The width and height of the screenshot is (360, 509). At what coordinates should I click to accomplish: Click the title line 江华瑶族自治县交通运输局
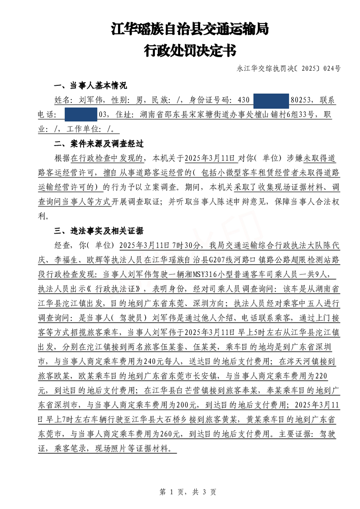pos(190,29)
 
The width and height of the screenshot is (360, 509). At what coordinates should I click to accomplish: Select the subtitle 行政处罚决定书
pos(190,50)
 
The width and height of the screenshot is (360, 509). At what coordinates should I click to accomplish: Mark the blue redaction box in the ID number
pos(271,100)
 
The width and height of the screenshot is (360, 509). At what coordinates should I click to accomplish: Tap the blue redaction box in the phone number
pos(81,115)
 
